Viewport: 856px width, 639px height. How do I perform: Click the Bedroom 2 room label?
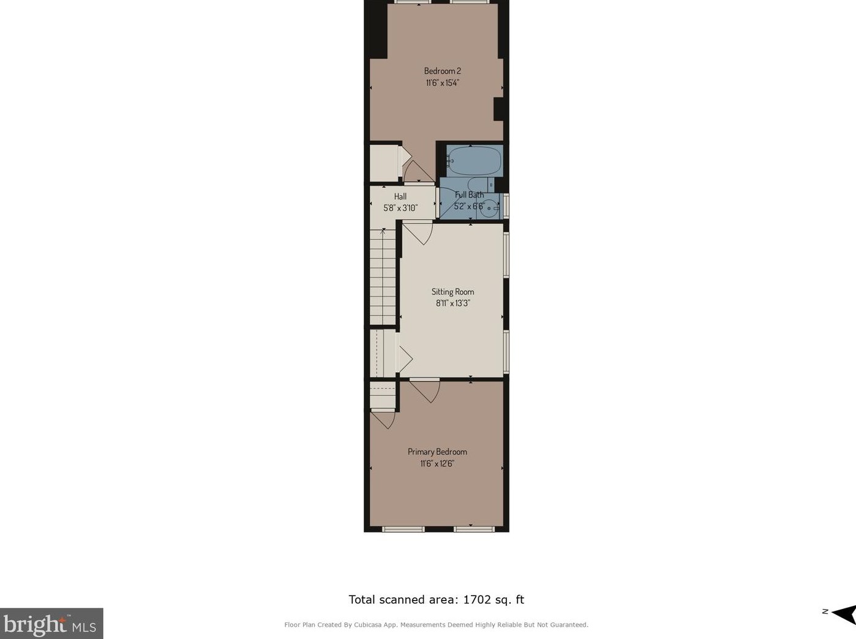coord(442,71)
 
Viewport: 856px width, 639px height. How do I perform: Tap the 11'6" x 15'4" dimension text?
coord(442,83)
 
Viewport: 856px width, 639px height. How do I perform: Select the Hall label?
coord(400,196)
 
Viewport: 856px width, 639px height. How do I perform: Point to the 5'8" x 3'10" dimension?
coord(400,208)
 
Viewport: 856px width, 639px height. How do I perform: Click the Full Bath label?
coord(469,195)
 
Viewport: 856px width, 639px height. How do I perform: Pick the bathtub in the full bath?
coord(474,160)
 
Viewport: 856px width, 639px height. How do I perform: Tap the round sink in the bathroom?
coord(489,208)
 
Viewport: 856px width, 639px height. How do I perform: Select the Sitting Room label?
coord(452,291)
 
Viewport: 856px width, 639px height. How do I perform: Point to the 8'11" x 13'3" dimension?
coord(452,303)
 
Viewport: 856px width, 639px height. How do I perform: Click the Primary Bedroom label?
coord(437,452)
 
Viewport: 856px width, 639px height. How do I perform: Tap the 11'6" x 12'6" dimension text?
coord(437,463)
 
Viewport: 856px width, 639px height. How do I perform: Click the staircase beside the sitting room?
coord(383,277)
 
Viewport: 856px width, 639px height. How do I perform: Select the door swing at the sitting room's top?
coord(418,233)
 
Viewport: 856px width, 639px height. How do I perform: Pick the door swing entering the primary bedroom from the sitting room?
coord(425,390)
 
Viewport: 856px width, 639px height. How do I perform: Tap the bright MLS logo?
coord(51,623)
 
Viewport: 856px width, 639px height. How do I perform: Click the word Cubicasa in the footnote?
coord(369,624)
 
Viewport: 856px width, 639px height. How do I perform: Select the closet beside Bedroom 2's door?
coord(384,162)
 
